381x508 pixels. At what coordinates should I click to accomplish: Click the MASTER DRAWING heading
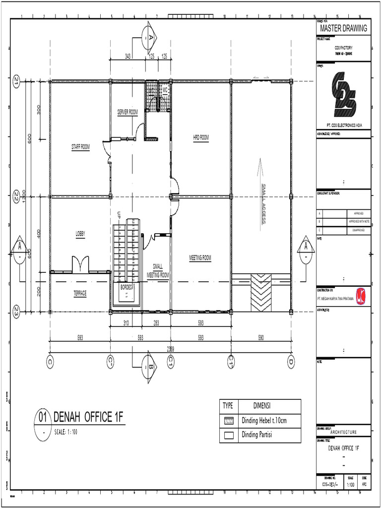click(343, 28)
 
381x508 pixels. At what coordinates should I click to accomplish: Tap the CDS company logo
click(343, 93)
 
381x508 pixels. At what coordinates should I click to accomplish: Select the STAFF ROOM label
click(80, 146)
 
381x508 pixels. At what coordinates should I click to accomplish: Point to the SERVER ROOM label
click(127, 113)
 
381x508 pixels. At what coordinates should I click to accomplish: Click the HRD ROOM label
click(201, 137)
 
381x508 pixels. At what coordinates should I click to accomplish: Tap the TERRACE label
click(80, 293)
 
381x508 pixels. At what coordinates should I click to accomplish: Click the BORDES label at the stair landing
click(127, 287)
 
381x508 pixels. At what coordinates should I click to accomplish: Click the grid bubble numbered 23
click(16, 312)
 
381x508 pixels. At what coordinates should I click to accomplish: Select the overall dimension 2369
click(170, 349)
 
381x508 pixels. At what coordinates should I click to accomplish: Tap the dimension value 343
click(128, 57)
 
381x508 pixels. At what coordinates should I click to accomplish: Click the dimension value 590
click(261, 338)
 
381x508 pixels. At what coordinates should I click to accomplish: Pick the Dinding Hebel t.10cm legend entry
click(264, 421)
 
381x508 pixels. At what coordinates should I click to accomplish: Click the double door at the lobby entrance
click(80, 264)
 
